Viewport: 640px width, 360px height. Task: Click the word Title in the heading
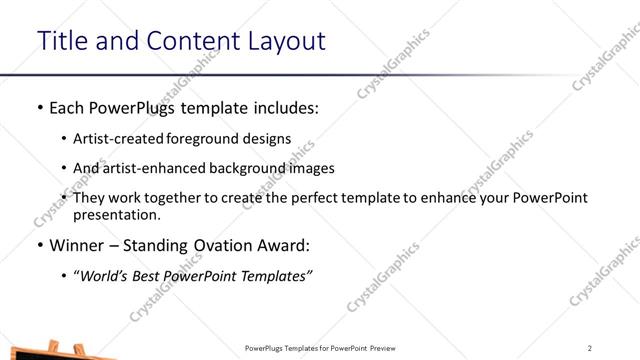pyautogui.click(x=63, y=41)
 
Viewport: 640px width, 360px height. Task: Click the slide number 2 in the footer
pyautogui.click(x=590, y=348)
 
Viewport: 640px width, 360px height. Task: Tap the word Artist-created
pyautogui.click(x=125, y=139)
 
